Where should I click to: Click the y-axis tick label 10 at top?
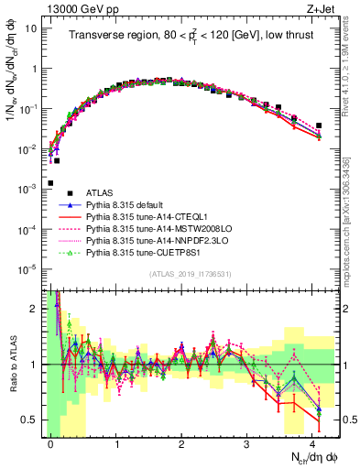(x=28, y=28)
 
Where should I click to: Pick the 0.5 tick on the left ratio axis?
(x=29, y=420)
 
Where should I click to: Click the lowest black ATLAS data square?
(x=50, y=183)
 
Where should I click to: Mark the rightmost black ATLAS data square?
(x=319, y=125)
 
